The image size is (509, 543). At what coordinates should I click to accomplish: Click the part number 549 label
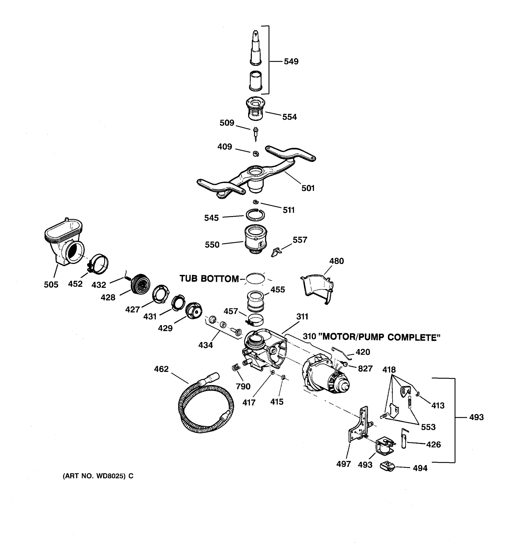tap(291, 62)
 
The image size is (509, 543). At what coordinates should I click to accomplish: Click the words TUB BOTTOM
tap(209, 279)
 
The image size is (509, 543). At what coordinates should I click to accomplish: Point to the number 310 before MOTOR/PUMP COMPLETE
tap(309, 337)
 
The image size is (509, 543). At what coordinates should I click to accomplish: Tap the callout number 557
tap(300, 240)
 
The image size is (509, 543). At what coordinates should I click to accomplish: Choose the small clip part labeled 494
tap(388, 466)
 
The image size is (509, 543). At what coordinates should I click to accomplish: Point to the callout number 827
tap(365, 369)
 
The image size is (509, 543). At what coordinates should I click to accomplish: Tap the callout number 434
tap(205, 345)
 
